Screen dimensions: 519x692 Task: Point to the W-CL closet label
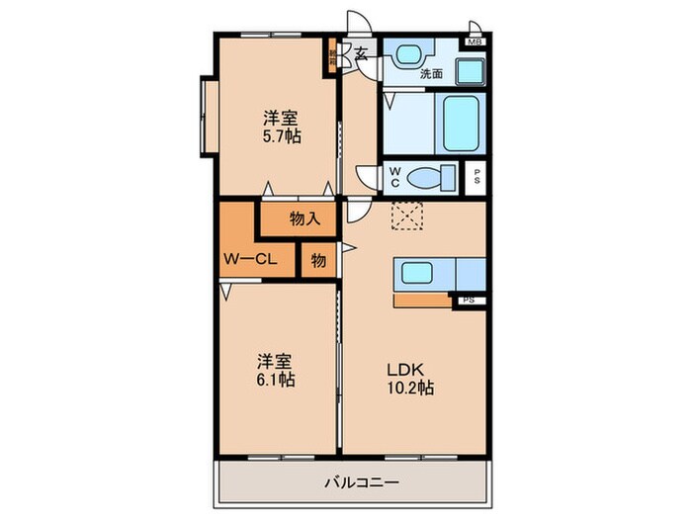[248, 261]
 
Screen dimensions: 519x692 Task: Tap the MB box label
[476, 42]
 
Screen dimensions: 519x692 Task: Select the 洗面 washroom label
[431, 74]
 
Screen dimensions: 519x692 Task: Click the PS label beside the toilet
[476, 179]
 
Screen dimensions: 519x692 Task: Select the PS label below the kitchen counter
[468, 299]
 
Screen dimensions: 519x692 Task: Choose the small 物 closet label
[317, 260]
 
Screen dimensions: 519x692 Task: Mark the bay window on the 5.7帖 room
[206, 117]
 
